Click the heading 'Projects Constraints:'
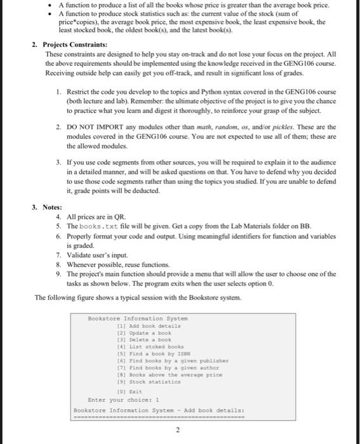74,45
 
